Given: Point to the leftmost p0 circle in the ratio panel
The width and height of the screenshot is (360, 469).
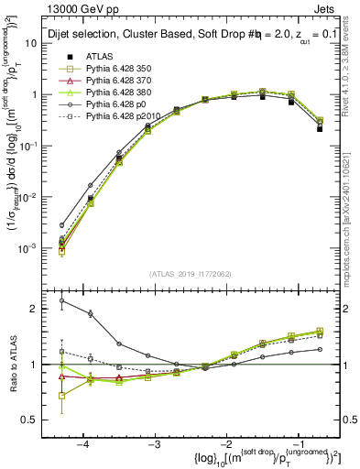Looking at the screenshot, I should coord(62,300).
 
